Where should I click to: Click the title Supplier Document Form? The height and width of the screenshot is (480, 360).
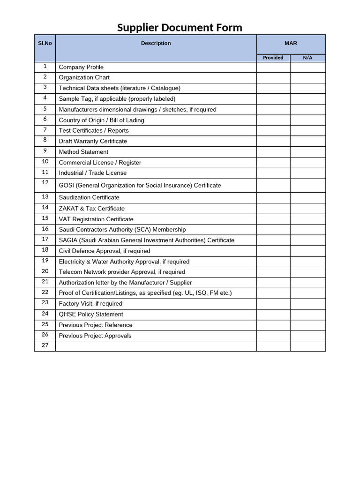180,28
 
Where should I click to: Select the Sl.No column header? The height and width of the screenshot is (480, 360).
45,43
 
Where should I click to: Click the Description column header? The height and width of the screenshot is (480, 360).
156,43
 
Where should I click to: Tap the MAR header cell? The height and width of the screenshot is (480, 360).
291,43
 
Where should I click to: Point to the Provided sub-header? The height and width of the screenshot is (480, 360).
273,58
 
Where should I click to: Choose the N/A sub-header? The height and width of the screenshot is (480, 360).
307,58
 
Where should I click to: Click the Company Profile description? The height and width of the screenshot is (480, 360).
81,67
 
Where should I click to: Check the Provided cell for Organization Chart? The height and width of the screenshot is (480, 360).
273,77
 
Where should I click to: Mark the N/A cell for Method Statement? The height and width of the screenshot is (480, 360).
307,152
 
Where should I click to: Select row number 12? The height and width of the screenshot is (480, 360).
45,183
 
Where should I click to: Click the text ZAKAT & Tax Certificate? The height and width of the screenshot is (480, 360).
91,208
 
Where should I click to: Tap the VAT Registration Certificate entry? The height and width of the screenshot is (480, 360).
96,219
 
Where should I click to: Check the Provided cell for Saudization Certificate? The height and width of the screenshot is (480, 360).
273,197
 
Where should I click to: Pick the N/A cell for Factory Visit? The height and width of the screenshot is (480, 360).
307,303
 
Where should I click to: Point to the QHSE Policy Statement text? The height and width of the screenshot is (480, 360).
91,314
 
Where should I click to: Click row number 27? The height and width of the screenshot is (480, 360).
45,345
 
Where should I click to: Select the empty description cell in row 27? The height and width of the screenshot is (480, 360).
156,346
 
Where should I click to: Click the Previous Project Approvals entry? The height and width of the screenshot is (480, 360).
95,336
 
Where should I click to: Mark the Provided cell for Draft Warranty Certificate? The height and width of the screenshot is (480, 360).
273,141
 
